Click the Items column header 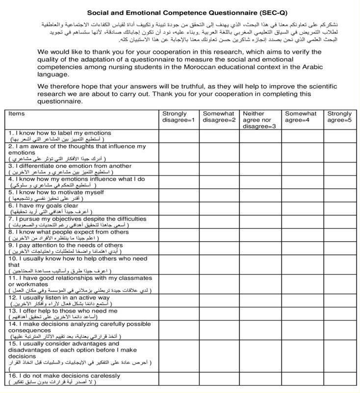pyautogui.click(x=17, y=114)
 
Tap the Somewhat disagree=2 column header pyautogui.click(x=219, y=117)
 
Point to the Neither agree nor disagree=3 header pyautogui.click(x=260, y=120)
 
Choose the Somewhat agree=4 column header pyautogui.click(x=301, y=117)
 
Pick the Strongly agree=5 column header pyautogui.click(x=339, y=117)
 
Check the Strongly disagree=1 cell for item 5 pyautogui.click(x=179, y=195)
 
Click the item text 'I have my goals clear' pyautogui.click(x=46, y=206)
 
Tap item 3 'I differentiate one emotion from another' pyautogui.click(x=72, y=166)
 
